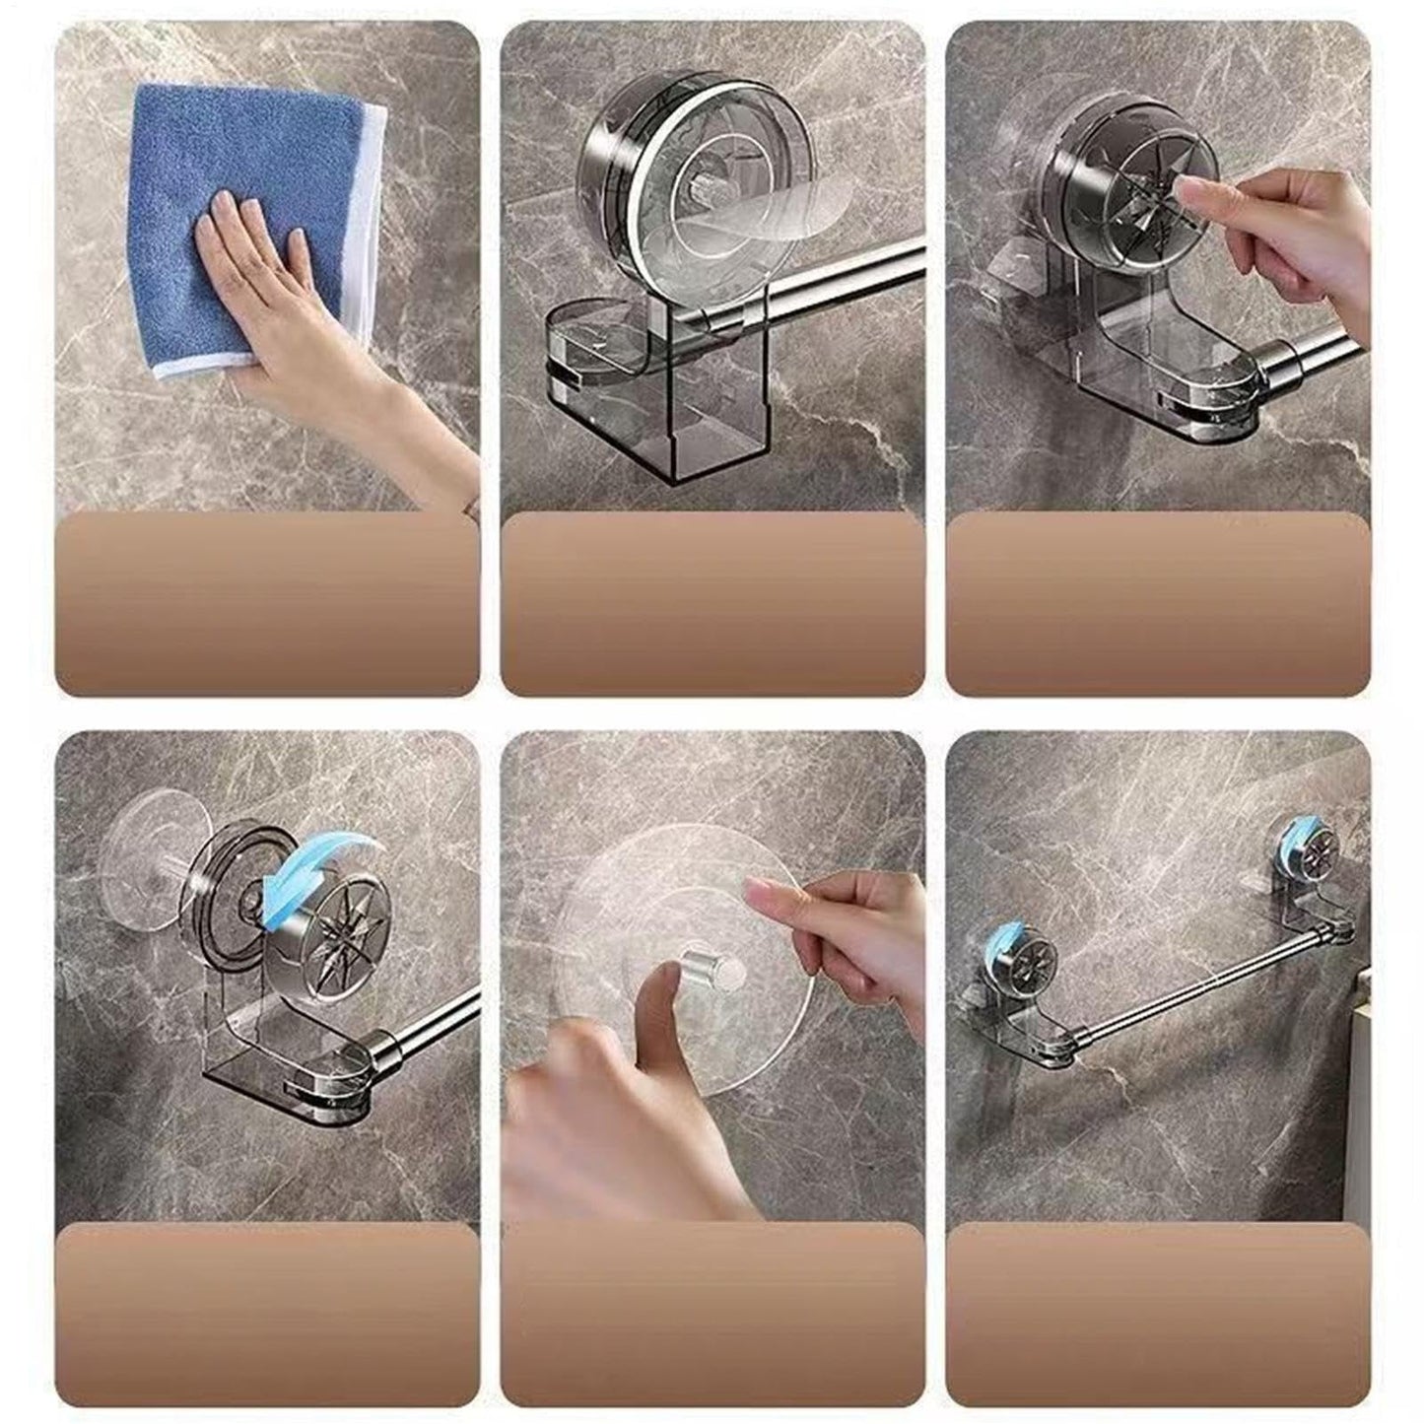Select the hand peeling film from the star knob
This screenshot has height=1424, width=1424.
coord(1291,232)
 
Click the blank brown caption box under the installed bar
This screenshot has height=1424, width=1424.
coord(1158,1311)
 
